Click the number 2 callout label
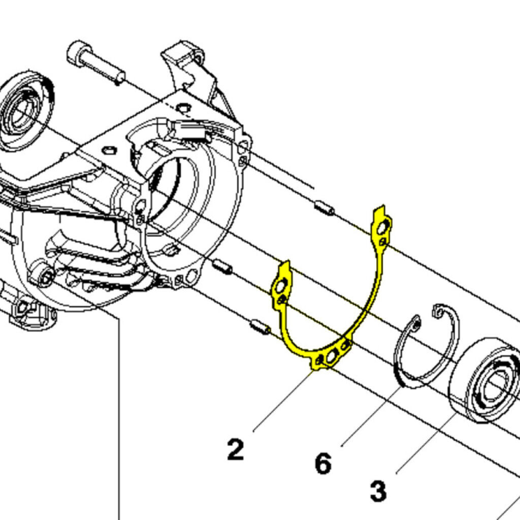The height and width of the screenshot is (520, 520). click(235, 450)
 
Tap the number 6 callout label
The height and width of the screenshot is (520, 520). click(323, 463)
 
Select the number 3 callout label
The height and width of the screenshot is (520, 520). click(378, 492)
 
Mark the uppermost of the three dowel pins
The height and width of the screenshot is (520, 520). click(323, 208)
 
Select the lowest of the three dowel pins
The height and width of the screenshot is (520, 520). click(261, 328)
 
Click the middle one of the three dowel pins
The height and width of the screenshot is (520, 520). click(222, 266)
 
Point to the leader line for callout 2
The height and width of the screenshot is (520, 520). click(282, 401)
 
